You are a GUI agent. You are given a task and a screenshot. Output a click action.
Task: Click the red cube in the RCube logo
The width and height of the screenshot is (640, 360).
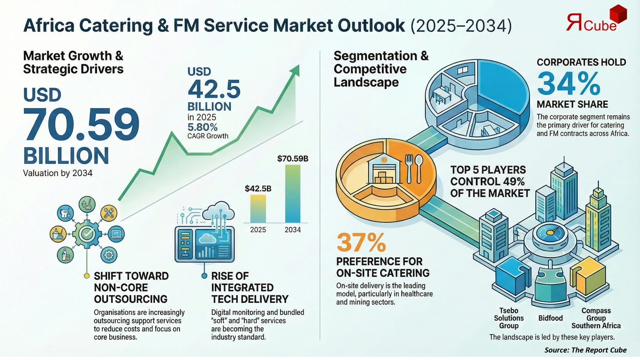[618, 14]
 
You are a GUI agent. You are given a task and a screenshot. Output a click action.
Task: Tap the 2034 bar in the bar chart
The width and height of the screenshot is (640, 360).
[292, 194]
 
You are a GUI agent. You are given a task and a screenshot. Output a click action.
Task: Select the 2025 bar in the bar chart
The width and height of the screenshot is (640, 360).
[258, 209]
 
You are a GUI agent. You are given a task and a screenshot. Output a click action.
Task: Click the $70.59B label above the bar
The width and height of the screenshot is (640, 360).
[292, 158]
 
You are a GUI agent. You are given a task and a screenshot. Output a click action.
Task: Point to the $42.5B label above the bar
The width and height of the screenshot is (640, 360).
[258, 189]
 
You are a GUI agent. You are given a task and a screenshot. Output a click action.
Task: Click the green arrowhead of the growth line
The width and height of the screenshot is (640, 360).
[296, 70]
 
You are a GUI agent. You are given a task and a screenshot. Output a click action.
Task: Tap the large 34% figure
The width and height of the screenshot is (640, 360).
[568, 83]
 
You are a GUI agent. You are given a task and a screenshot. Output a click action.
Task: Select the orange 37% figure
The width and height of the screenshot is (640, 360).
[361, 243]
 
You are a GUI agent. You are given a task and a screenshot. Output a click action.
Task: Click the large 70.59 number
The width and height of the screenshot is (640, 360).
[81, 124]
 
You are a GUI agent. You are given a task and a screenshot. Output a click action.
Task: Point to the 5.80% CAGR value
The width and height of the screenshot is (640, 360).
[202, 127]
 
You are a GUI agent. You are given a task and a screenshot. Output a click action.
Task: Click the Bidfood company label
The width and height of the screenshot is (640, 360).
[550, 318]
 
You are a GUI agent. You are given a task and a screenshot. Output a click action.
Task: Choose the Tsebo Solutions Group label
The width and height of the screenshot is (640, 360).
[508, 318]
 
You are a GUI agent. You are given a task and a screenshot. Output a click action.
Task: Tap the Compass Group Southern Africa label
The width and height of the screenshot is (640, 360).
[596, 318]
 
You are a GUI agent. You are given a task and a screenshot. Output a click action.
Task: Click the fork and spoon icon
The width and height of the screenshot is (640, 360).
[413, 169]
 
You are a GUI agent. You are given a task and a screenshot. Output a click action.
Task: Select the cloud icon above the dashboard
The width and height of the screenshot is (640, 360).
[218, 212]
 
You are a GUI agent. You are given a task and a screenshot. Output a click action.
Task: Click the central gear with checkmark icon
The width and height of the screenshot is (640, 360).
[87, 234]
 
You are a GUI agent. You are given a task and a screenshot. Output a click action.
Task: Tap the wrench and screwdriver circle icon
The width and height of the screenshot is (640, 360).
[108, 213]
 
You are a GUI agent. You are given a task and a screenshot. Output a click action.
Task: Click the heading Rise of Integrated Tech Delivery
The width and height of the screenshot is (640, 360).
[249, 288]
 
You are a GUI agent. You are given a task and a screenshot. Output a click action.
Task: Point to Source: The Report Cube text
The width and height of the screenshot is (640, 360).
[585, 350]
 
